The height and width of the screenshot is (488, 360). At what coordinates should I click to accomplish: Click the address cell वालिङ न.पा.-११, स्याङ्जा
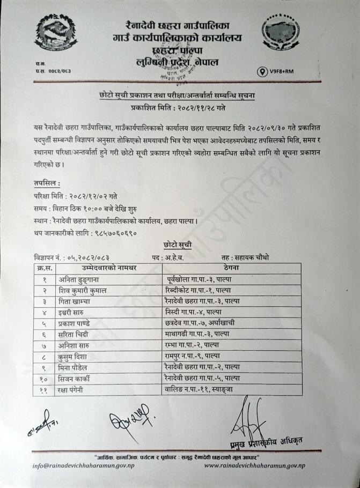(x=203, y=389)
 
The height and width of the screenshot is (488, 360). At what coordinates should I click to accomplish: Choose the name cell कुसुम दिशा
(x=76, y=357)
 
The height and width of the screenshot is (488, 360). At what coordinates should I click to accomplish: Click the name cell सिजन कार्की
(x=78, y=378)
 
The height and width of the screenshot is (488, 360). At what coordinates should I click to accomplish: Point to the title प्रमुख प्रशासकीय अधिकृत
(x=263, y=441)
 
